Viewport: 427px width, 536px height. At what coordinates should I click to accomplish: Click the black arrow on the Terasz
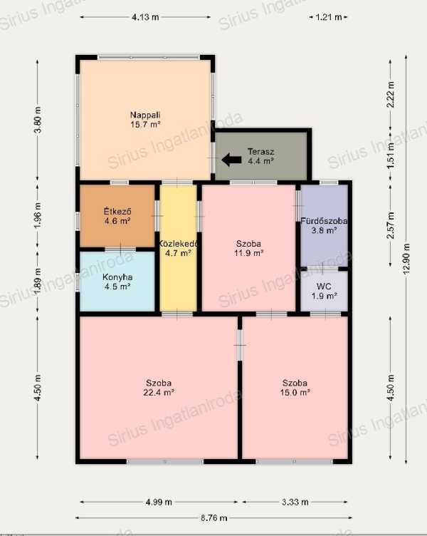pos(232,160)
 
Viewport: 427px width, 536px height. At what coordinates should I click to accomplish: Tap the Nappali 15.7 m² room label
pos(145,120)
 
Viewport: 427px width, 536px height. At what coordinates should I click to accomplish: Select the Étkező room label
pos(117,216)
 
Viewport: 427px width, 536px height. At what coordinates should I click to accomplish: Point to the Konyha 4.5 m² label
pos(117,282)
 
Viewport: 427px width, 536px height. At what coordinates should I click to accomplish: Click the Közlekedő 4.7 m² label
pos(178,249)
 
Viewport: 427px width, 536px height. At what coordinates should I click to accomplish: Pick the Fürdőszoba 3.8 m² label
pos(324,226)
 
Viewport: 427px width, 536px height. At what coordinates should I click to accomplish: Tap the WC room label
pos(324,292)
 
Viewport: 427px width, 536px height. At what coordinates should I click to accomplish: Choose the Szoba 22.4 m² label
pos(159,388)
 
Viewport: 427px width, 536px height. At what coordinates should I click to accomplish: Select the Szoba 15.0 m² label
pos(295,388)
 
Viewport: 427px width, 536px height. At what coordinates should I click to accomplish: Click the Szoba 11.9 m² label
pos(248,249)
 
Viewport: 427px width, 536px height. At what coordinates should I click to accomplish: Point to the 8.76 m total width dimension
pos(213,518)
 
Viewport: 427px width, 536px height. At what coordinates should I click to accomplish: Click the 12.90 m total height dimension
pos(406,259)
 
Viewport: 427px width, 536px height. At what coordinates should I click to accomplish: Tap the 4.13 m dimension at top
pos(145,17)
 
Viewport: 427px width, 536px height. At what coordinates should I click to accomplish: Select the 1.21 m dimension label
pos(328,17)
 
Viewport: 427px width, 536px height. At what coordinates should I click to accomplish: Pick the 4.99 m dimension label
pos(159,502)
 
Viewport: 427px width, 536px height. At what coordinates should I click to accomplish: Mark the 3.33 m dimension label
pos(295,502)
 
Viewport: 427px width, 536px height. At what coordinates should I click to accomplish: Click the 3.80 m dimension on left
pos(38,120)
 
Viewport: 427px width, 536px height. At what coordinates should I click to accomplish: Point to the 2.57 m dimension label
pos(391,225)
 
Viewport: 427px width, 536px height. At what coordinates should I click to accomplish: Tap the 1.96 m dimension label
pos(38,216)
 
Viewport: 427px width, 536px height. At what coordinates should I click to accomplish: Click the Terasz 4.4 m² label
pos(260,156)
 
